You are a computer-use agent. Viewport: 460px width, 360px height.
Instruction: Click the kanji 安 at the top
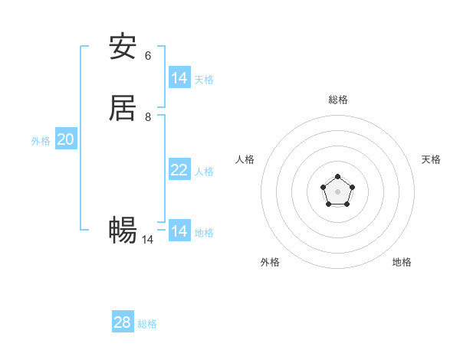[123, 47]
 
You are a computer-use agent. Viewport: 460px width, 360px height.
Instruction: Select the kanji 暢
[123, 229]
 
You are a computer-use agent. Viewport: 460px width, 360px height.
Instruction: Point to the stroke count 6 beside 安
[148, 55]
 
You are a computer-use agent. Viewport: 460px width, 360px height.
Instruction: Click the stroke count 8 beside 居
[148, 116]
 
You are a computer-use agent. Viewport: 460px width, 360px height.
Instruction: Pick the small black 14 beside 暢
[147, 239]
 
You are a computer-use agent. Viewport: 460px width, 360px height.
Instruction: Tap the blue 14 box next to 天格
[179, 77]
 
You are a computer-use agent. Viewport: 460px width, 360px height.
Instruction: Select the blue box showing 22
[179, 169]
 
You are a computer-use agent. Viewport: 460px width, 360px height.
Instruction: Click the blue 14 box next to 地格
[179, 231]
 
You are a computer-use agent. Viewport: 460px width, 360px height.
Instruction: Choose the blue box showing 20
[66, 139]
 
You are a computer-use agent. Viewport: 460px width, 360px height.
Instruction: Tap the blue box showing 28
[123, 322]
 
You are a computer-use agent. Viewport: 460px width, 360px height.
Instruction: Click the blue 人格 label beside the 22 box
[205, 171]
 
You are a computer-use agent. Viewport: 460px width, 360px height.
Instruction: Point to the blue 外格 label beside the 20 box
[41, 141]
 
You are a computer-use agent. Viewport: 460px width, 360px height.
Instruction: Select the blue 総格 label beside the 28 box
[147, 324]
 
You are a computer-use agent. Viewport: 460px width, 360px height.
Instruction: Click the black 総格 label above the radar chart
[338, 100]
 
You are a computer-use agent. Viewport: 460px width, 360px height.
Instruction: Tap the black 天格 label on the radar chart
[432, 159]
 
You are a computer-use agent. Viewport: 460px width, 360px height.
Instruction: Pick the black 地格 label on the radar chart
[402, 262]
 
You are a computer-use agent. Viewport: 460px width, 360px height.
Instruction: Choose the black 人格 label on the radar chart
[245, 159]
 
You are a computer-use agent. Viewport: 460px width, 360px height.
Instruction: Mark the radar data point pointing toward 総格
[338, 177]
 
